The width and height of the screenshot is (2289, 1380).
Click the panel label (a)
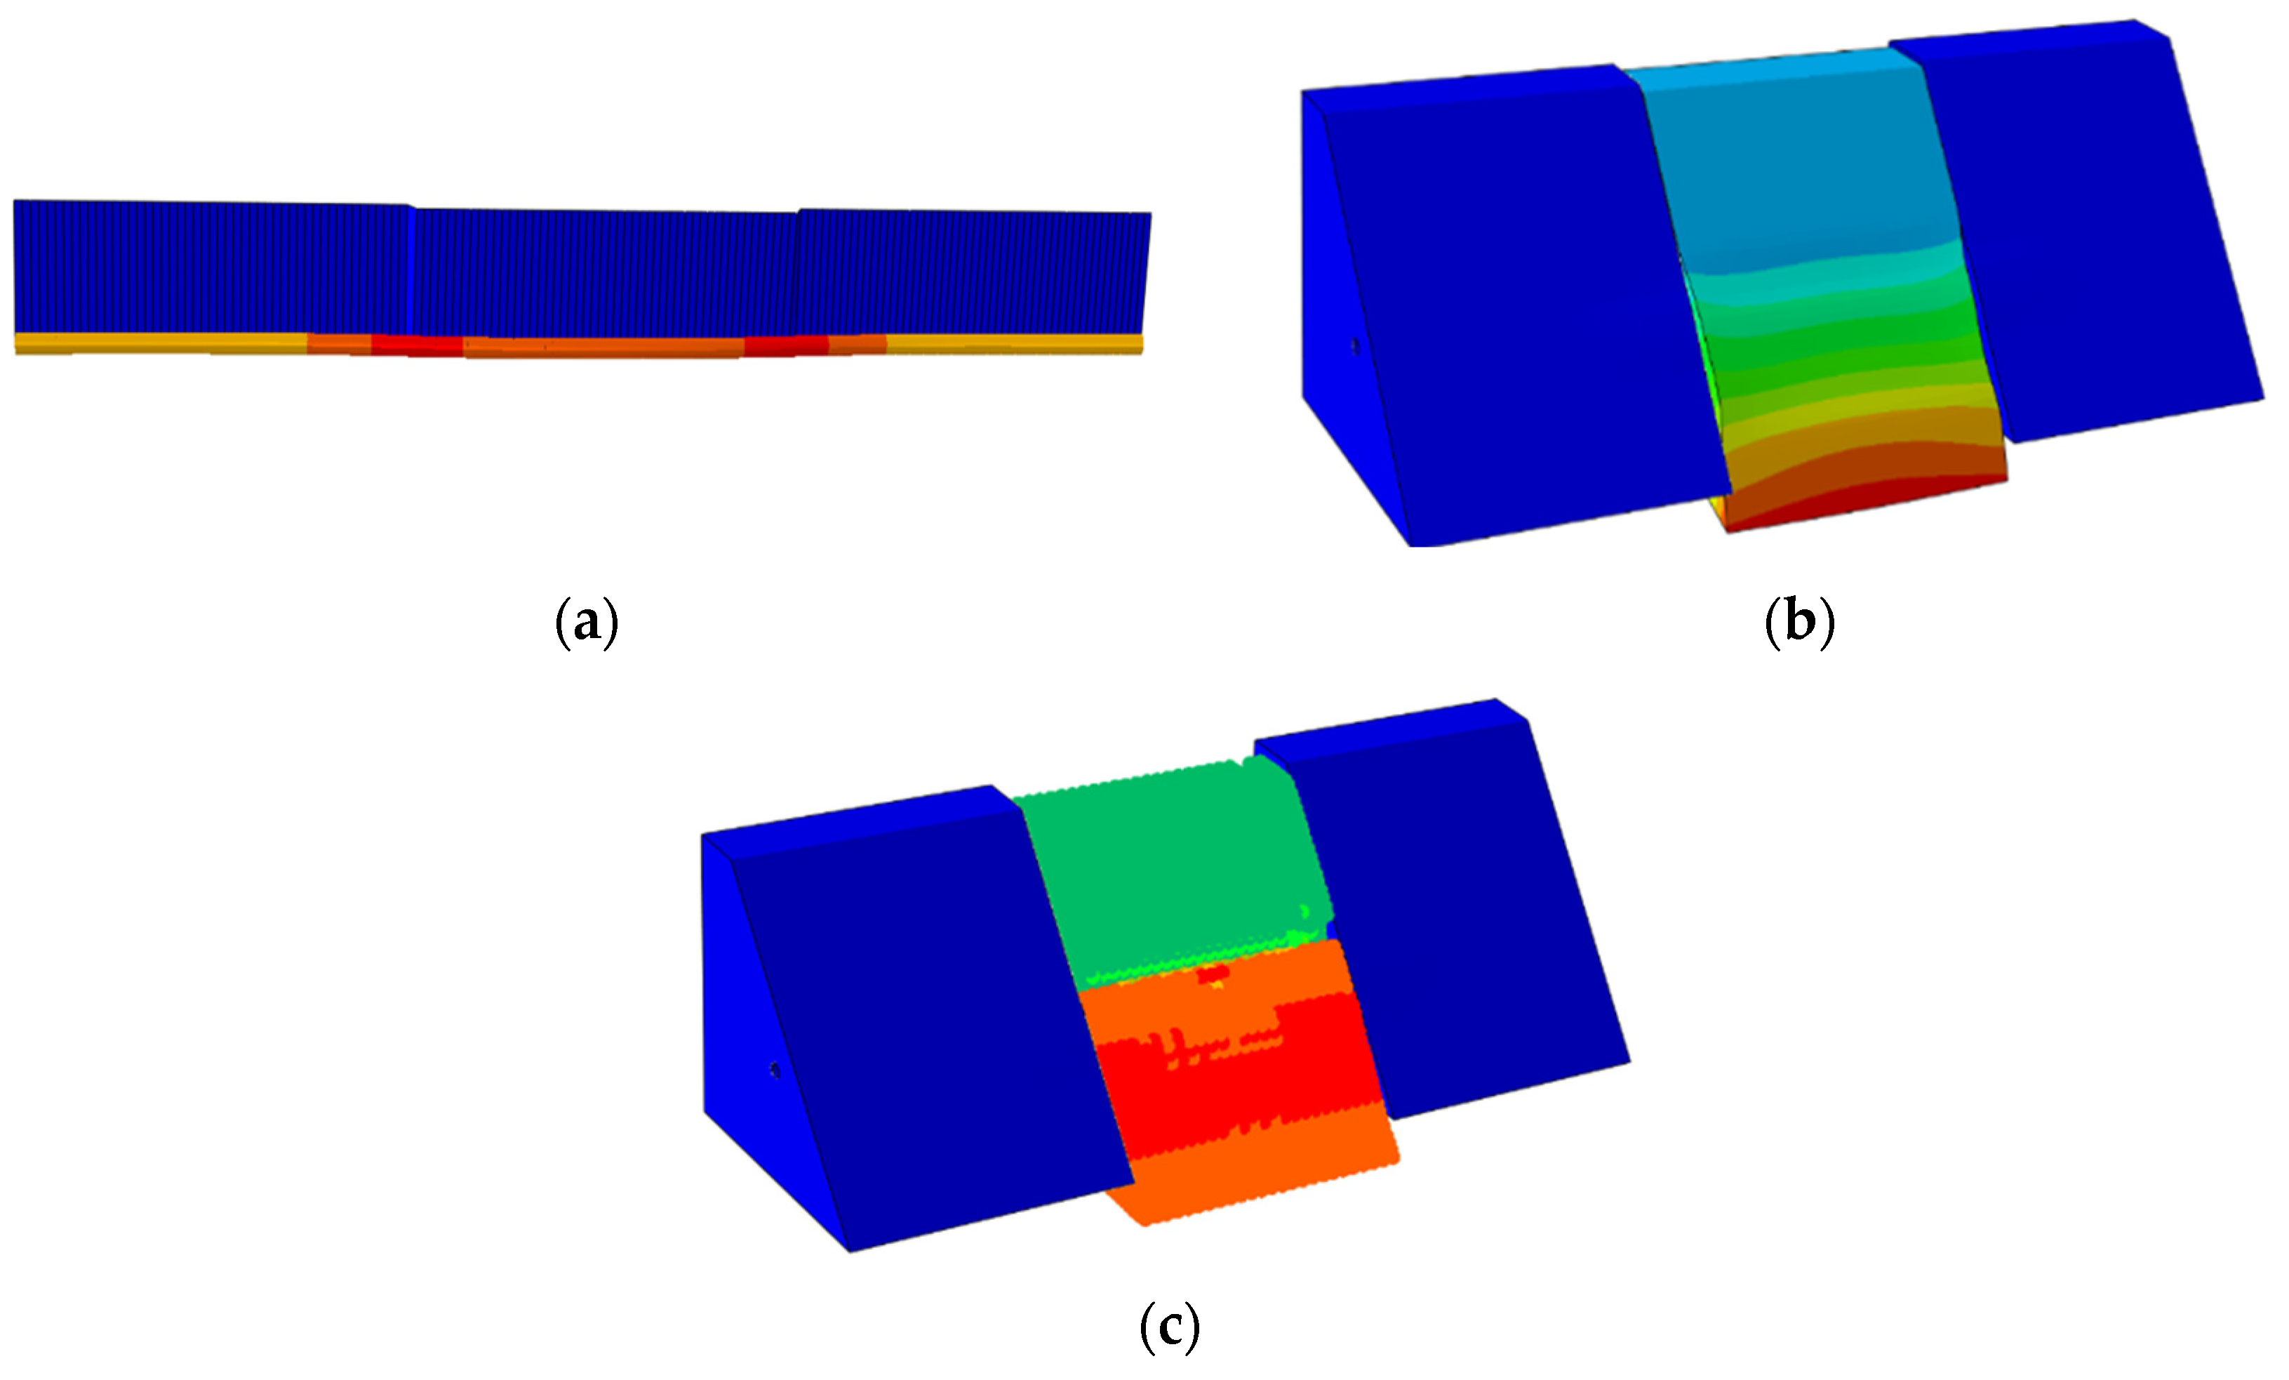(586, 622)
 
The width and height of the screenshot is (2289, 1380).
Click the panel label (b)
(1799, 622)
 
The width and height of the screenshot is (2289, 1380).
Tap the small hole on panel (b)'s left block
(1354, 347)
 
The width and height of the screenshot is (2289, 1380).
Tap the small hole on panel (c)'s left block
(775, 1071)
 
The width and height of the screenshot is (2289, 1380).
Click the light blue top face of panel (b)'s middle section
(1770, 61)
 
